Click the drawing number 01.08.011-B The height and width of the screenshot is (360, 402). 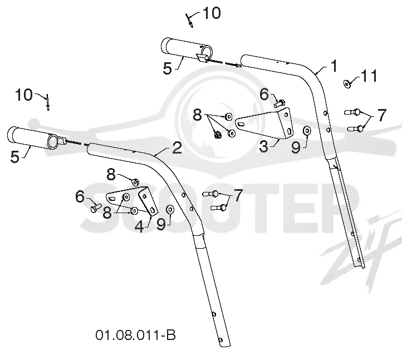click(136, 335)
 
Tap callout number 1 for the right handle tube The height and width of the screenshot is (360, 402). click(334, 66)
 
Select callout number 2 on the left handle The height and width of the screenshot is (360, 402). click(177, 147)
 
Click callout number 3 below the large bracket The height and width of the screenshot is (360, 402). click(264, 146)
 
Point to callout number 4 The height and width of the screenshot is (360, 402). click(139, 226)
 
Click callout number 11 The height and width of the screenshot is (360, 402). click(369, 76)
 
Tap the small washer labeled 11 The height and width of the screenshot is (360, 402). click(347, 83)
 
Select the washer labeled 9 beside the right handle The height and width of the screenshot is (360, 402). click(307, 131)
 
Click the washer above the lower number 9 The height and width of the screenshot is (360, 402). click(170, 209)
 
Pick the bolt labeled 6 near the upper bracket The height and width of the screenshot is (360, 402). click(279, 103)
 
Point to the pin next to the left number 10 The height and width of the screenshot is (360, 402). click(47, 102)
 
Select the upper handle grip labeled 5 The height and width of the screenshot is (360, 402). click(187, 50)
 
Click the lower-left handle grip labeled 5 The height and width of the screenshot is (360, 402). click(32, 138)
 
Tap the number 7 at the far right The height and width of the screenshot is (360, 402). click(382, 115)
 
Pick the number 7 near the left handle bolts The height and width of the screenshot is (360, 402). click(238, 195)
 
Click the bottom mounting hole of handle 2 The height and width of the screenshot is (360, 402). click(220, 340)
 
